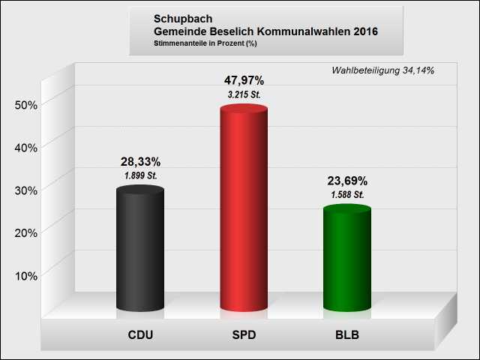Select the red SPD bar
click(244, 210)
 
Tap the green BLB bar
click(346, 259)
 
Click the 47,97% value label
click(244, 80)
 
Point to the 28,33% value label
click(140, 161)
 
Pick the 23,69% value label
click(347, 181)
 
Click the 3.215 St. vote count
click(244, 94)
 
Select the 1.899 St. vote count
click(140, 175)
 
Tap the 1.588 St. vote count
click(347, 195)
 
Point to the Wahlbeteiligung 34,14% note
click(382, 70)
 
